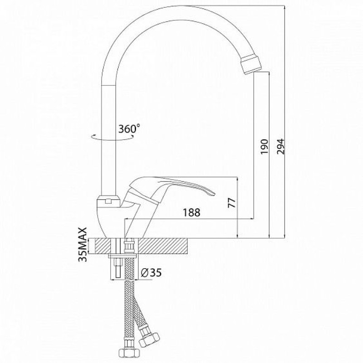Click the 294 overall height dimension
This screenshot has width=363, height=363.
[280, 146]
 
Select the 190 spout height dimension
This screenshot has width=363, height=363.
[264, 146]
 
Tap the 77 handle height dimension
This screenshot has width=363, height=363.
[232, 203]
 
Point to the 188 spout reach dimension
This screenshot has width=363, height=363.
[191, 212]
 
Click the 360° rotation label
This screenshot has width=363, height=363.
[129, 128]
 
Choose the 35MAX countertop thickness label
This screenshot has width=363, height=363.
[83, 245]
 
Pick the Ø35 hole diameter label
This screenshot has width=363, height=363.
[151, 273]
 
